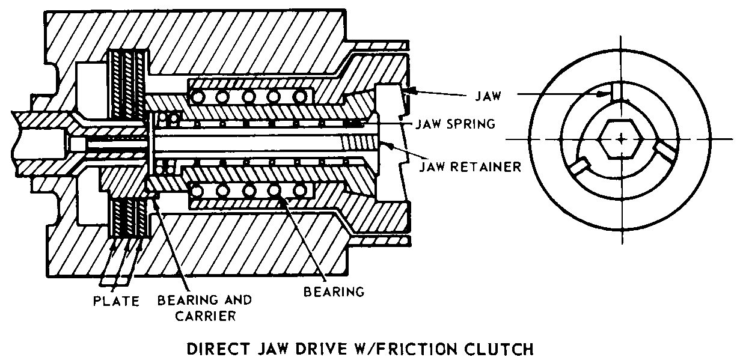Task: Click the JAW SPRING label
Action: click(x=455, y=124)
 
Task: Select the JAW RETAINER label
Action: click(x=469, y=166)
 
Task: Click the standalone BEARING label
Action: click(x=334, y=293)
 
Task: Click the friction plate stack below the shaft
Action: click(x=127, y=219)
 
